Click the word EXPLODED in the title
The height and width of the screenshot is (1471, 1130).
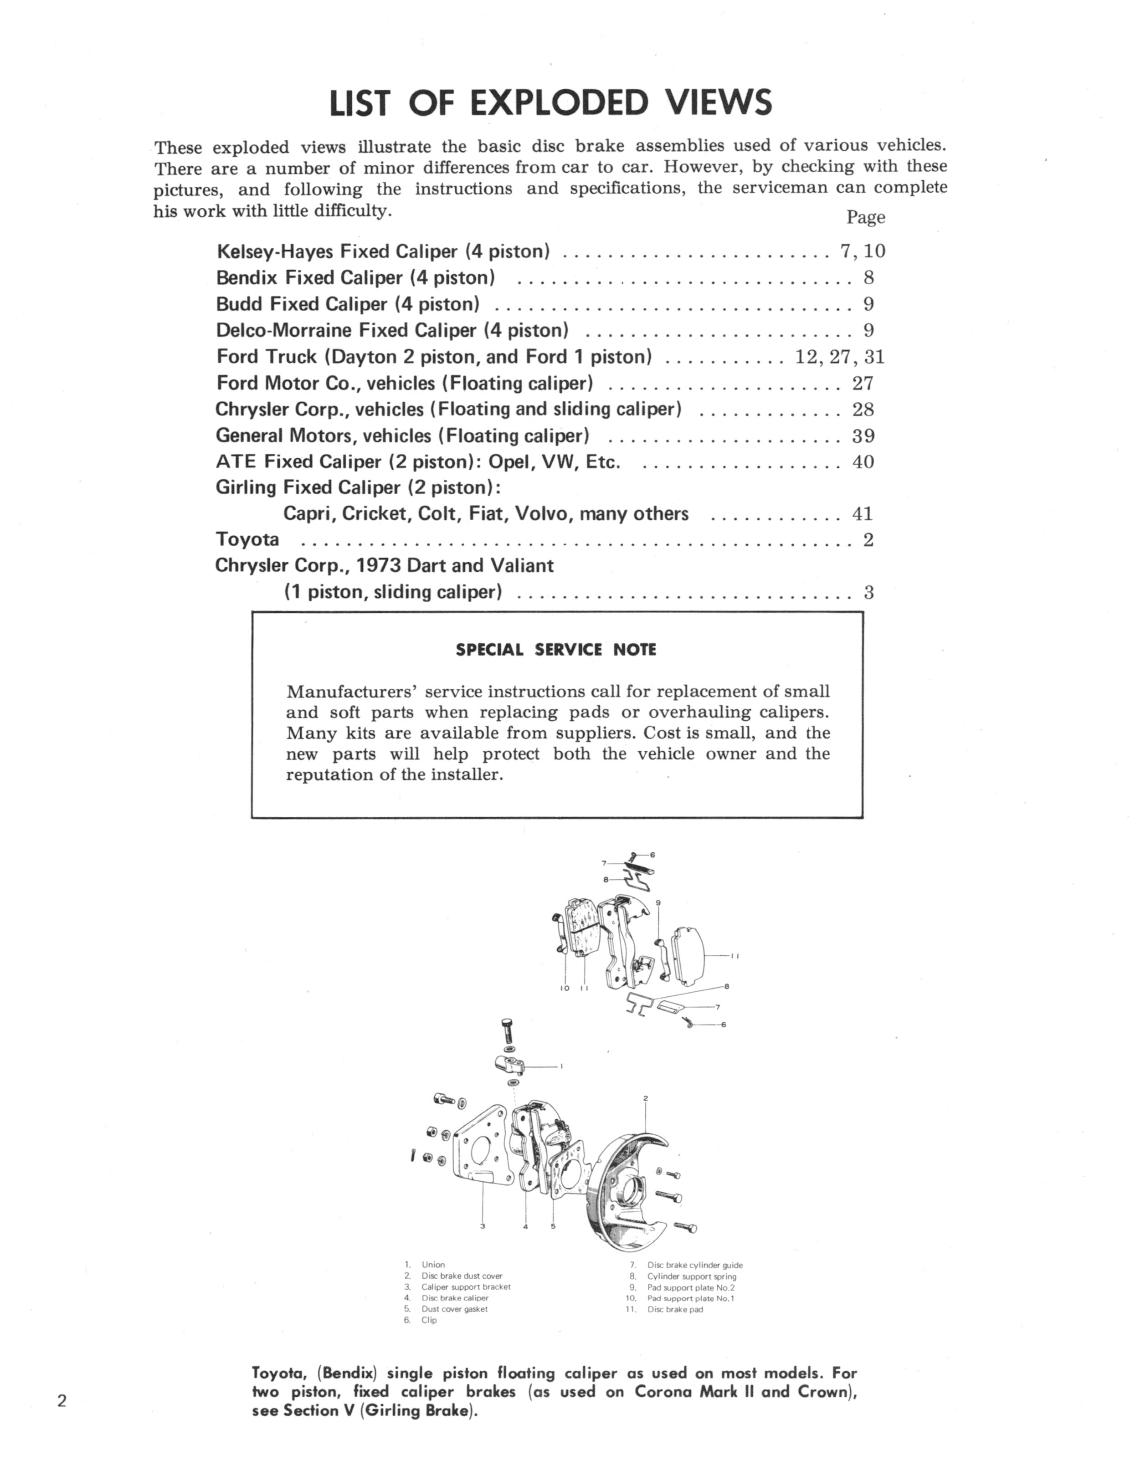tap(558, 103)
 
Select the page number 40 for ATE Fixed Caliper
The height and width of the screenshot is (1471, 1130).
tap(863, 462)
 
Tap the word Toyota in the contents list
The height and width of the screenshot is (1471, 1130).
tap(247, 540)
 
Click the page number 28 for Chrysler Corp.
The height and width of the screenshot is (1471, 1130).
tap(863, 410)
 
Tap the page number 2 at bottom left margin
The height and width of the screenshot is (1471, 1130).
tap(62, 1401)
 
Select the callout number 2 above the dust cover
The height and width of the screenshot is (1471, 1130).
tap(645, 1098)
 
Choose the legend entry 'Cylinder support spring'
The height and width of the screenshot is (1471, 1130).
tap(692, 1276)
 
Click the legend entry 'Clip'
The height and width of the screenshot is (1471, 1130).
tap(428, 1320)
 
